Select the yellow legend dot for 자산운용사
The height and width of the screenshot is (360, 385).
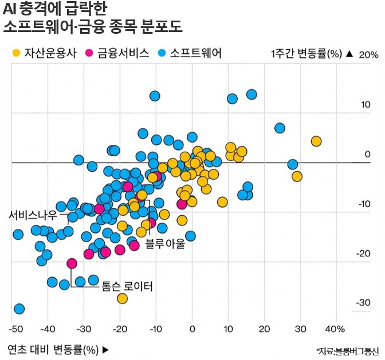pyautogui.click(x=17, y=53)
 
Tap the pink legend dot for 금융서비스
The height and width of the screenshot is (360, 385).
pyautogui.click(x=89, y=53)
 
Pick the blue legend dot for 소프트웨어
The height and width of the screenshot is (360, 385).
pyautogui.click(x=162, y=53)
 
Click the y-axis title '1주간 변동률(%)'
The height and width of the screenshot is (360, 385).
pyautogui.click(x=306, y=54)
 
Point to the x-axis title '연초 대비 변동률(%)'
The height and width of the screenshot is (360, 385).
pyautogui.click(x=54, y=349)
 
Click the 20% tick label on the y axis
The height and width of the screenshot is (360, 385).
pyautogui.click(x=369, y=55)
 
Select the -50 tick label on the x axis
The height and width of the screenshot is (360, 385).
pyautogui.click(x=16, y=329)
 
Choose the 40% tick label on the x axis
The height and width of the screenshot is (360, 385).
pyautogui.click(x=335, y=329)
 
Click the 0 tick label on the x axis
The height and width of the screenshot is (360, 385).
pyautogui.click(x=192, y=329)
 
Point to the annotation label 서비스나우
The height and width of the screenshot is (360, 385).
pyautogui.click(x=33, y=215)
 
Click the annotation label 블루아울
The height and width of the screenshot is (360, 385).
pyautogui.click(x=165, y=244)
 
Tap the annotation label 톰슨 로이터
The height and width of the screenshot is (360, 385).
pyautogui.click(x=127, y=285)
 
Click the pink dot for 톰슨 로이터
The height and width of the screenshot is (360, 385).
pyautogui.click(x=72, y=263)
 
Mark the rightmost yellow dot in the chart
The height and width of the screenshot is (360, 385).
pyautogui.click(x=316, y=141)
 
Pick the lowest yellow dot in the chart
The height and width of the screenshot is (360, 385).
pyautogui.click(x=122, y=298)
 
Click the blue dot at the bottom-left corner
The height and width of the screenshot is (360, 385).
pyautogui.click(x=19, y=309)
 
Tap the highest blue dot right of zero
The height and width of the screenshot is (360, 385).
pyautogui.click(x=251, y=94)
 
